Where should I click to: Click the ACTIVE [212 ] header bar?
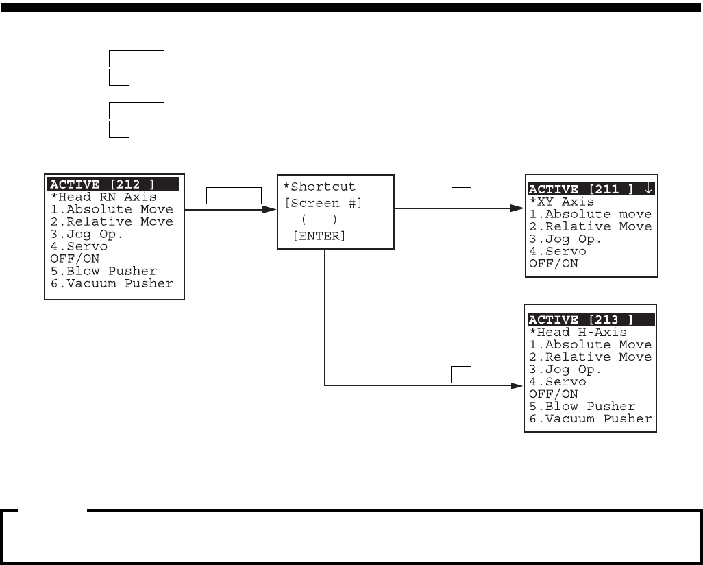point(113,184)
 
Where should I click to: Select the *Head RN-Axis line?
point(103,197)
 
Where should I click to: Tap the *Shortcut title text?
point(319,187)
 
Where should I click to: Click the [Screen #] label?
point(323,203)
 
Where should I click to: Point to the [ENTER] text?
point(319,236)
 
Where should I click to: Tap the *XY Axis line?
point(562,202)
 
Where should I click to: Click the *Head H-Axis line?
point(578,333)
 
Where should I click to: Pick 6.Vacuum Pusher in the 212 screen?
point(112,283)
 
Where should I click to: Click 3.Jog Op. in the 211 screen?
point(565,239)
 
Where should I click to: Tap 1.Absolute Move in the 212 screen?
point(112,209)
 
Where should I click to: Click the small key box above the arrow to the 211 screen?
point(460,197)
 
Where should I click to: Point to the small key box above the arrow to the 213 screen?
point(460,374)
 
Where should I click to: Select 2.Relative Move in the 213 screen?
point(591,357)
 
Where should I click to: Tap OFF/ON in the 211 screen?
point(554,264)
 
